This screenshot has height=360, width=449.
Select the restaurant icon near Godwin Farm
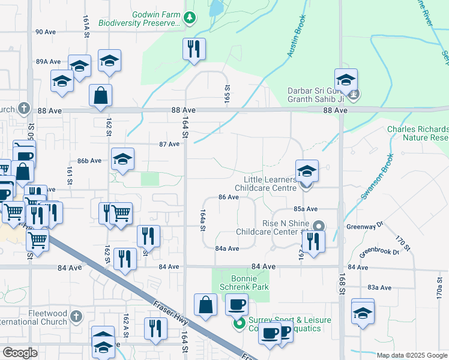pos(194,49)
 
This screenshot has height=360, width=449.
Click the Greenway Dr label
pos(364,226)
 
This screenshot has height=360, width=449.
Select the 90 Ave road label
pos(45,32)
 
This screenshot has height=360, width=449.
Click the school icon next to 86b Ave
pos(122,159)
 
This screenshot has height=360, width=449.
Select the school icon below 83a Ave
pos(363,313)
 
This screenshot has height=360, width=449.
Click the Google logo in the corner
pos(19,353)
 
